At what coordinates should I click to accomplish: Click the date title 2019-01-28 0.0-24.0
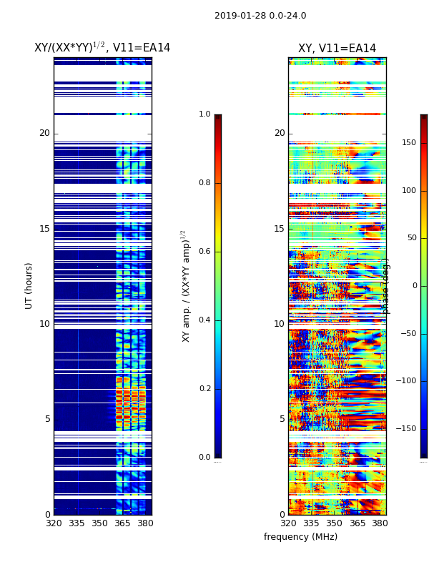260,16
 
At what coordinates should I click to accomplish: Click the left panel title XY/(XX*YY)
102,48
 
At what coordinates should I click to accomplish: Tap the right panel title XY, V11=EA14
337,49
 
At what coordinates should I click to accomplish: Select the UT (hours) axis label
29,285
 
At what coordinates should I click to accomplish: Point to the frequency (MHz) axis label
300,537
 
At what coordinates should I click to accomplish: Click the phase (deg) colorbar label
386,286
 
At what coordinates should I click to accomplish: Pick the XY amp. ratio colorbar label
187,285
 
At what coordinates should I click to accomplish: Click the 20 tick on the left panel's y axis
44,133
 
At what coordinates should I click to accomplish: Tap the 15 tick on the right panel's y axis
279,229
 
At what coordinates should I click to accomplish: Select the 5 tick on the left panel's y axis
47,419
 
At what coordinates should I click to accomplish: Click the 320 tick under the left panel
54,523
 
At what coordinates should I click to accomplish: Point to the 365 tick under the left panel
122,523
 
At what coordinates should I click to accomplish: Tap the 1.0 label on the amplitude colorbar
204,114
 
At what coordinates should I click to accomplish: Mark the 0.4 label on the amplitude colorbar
204,320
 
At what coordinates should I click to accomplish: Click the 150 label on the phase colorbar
408,143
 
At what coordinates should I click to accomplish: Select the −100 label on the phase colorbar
406,381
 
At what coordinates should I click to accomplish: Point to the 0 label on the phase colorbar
413,286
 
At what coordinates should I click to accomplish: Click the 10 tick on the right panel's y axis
279,324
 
